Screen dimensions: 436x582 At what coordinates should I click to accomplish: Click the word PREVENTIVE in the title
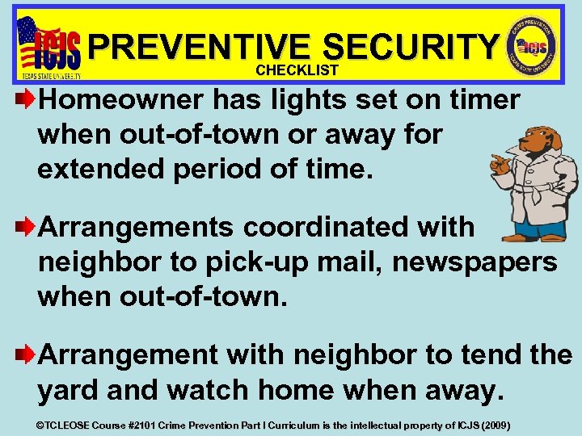(x=199, y=46)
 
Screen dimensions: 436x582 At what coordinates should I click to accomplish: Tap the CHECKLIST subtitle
(x=297, y=70)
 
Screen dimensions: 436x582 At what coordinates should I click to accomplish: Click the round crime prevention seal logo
(x=533, y=46)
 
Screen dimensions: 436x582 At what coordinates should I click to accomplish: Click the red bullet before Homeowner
(x=27, y=100)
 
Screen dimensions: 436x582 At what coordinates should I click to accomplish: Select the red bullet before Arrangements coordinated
(x=27, y=228)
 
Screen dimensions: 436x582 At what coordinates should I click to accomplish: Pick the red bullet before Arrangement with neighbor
(x=27, y=354)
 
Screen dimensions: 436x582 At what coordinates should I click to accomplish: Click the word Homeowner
(x=124, y=100)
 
